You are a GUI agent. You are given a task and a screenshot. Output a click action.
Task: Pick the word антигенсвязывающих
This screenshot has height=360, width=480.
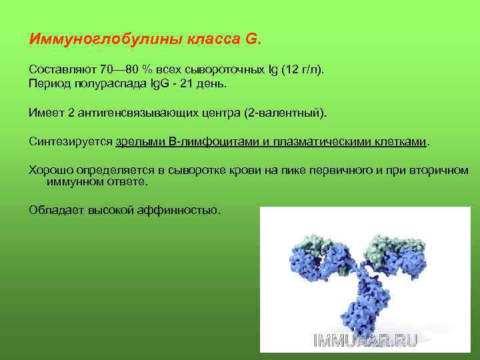(139, 113)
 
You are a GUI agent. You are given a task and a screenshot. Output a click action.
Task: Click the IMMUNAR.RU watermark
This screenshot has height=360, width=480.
(365, 340)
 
